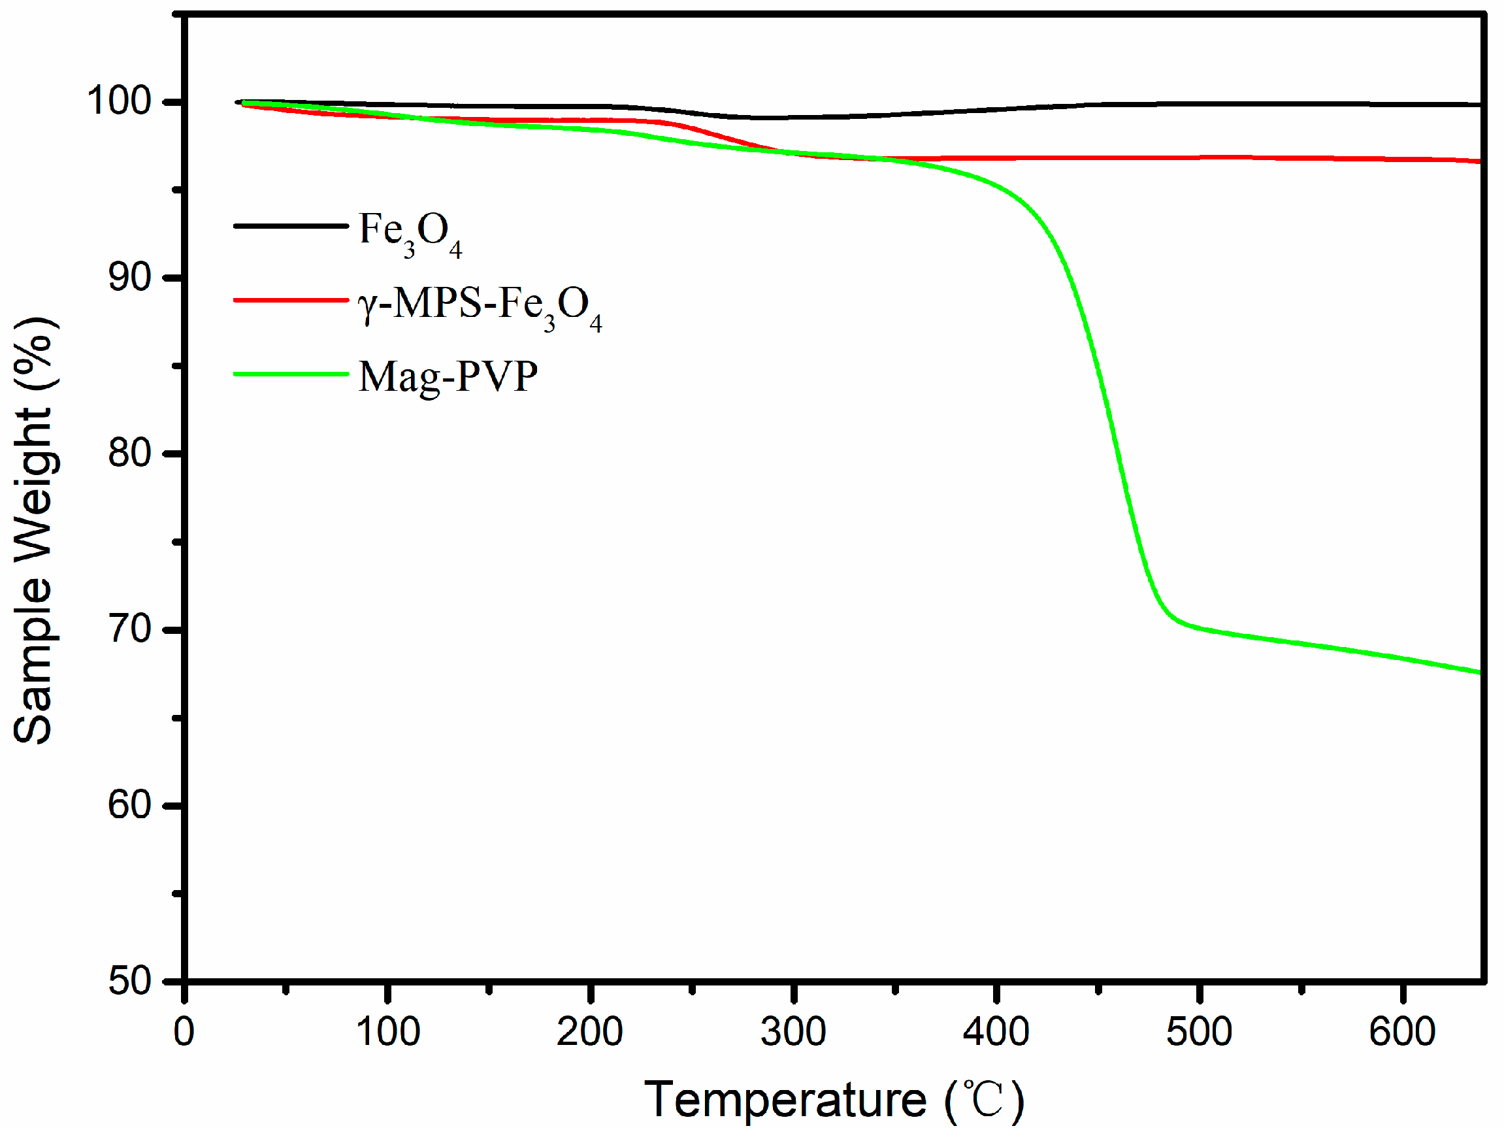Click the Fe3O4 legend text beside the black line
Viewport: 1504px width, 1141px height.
click(x=411, y=233)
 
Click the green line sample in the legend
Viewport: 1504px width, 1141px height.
click(x=291, y=374)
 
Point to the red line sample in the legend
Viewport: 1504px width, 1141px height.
click(x=291, y=300)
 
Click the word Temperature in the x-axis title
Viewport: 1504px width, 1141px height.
click(x=785, y=1100)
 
